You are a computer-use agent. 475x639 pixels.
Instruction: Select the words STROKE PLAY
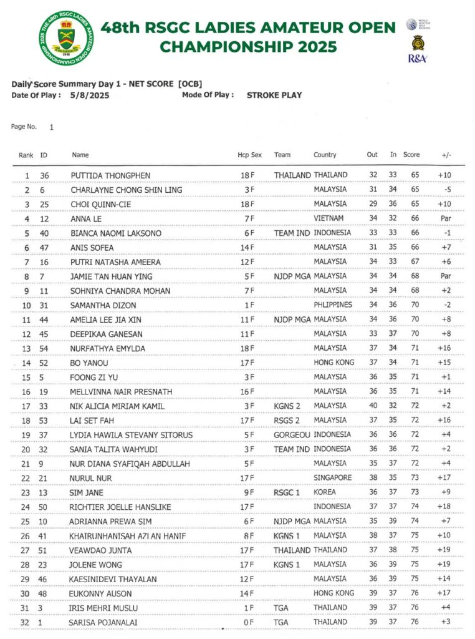pos(274,95)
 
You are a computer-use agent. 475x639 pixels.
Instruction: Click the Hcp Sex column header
pos(249,155)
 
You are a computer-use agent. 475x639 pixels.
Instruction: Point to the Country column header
pos(325,155)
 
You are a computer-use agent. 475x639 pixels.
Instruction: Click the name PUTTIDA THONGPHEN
pos(110,175)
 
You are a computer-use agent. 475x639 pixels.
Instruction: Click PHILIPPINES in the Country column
pos(333,305)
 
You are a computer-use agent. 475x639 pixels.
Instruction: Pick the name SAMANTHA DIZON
pos(103,305)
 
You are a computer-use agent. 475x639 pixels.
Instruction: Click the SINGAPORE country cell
pos(333,478)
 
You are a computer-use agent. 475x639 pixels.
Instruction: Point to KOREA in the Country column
pos(325,492)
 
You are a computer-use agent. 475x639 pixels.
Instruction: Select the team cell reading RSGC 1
pos(287,492)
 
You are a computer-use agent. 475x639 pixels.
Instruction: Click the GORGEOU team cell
pos(292,435)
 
